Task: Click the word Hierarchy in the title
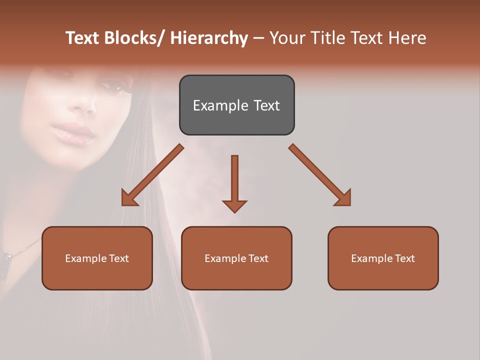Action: pyautogui.click(x=209, y=38)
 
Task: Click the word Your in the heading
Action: pyautogui.click(x=287, y=38)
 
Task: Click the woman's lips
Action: pyautogui.click(x=73, y=132)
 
